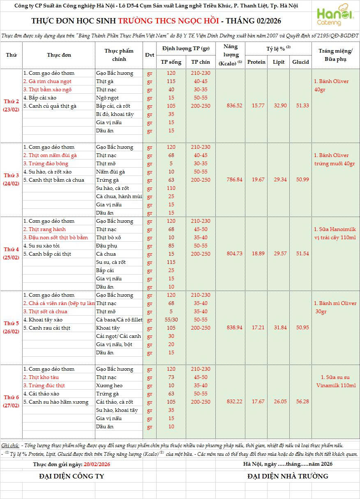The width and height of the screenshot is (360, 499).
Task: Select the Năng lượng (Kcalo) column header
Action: tap(231, 55)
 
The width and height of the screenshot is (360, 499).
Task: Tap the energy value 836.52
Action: tap(234, 106)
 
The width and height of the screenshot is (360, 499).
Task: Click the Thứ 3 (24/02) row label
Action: tap(12, 180)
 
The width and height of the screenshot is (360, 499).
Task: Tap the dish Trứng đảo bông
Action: tap(46, 164)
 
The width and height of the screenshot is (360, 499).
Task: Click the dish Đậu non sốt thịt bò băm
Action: tap(55, 238)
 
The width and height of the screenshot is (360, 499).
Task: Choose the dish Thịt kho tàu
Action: tap(41, 377)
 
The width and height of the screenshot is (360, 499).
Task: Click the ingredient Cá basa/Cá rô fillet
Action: tap(119, 320)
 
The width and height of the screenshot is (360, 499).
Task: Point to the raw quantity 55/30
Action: tap(171, 320)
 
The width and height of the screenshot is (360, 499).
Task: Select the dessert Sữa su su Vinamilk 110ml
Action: tap(336, 381)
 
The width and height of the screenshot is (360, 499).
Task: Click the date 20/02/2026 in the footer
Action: tap(97, 464)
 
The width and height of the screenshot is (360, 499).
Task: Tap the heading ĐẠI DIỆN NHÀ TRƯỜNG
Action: tap(288, 476)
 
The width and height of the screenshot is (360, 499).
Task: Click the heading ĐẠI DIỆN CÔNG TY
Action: tap(72, 476)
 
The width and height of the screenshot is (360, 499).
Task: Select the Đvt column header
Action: tap(150, 55)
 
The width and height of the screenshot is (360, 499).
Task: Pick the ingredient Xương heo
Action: tap(107, 386)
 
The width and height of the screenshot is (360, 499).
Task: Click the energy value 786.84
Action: tap(234, 180)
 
